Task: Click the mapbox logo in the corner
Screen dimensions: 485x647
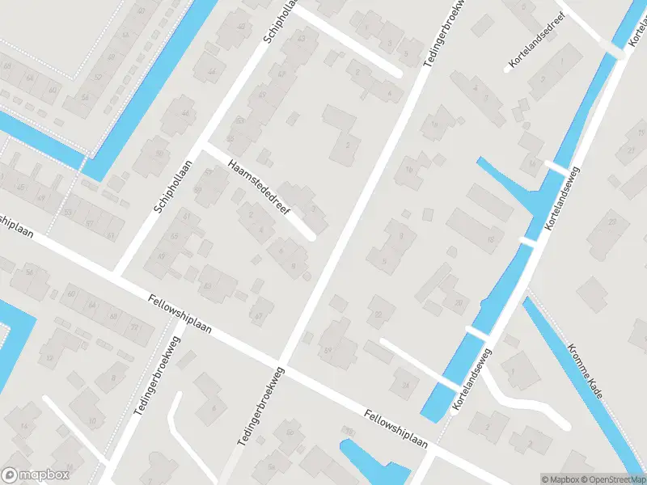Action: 36,475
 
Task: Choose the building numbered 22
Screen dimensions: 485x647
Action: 379,312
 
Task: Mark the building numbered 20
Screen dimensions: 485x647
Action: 459,302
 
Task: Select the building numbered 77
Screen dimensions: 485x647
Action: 134,327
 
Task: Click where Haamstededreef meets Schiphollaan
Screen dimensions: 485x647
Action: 205,147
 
